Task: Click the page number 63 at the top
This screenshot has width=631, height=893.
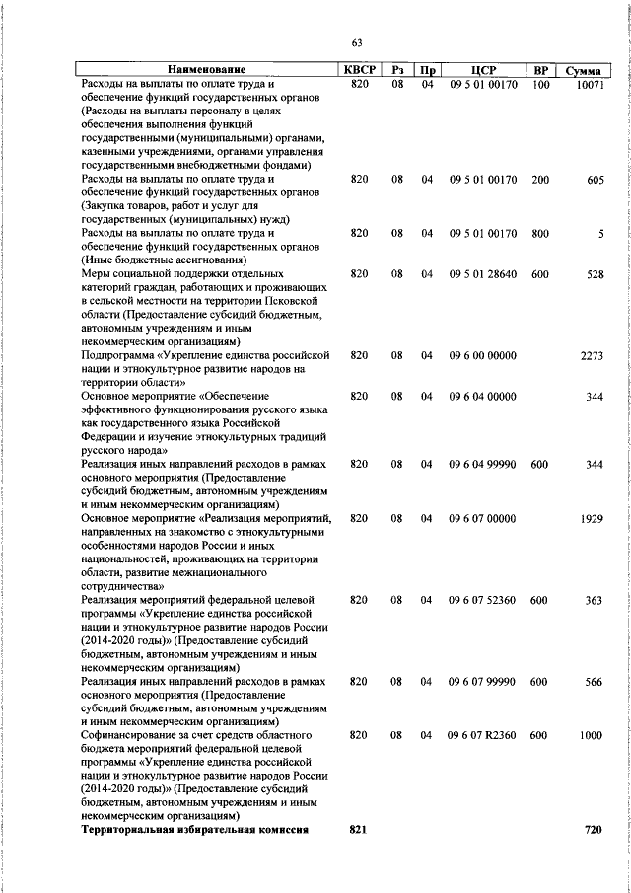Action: (357, 41)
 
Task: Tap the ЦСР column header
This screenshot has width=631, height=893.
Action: (483, 70)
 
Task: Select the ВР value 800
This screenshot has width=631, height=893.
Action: (539, 233)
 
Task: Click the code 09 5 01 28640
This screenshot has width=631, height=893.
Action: (483, 273)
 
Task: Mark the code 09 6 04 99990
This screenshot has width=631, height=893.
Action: (483, 463)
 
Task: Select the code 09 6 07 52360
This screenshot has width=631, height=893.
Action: (483, 599)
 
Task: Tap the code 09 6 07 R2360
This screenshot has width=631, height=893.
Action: (483, 735)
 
